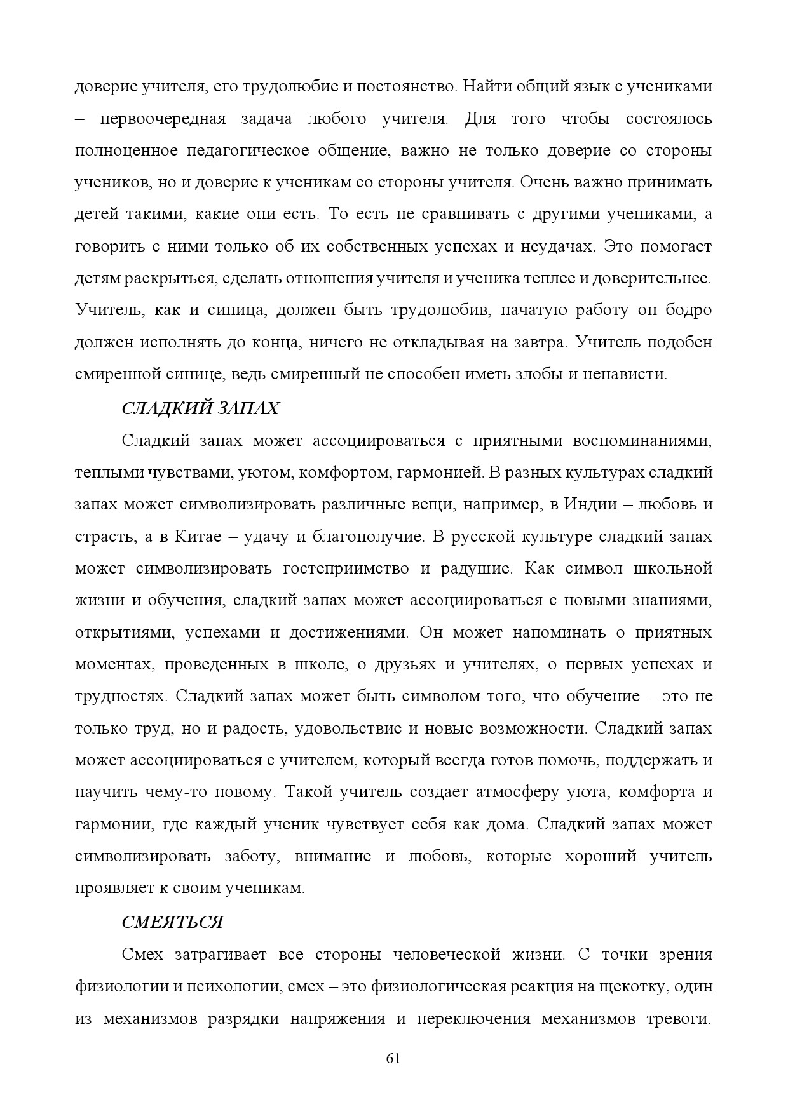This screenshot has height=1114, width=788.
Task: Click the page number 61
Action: (393, 1058)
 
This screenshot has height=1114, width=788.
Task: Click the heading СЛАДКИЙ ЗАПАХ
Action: (200, 408)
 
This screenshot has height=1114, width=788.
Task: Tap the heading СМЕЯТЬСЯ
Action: (172, 922)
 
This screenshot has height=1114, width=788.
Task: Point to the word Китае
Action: (190, 536)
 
